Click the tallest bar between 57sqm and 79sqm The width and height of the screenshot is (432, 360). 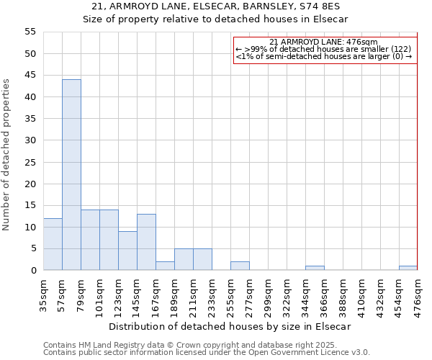click(x=71, y=175)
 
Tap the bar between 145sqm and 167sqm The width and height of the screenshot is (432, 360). click(x=146, y=242)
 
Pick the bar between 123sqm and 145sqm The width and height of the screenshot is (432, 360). click(x=127, y=251)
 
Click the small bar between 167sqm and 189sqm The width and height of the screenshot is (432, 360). click(x=165, y=266)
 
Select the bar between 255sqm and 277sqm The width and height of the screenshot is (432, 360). click(x=240, y=266)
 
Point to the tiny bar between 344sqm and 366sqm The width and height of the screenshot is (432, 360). click(x=315, y=268)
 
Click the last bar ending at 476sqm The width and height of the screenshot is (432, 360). click(x=408, y=268)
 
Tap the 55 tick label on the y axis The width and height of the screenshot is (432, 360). click(x=30, y=32)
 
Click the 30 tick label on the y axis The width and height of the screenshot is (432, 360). click(x=30, y=140)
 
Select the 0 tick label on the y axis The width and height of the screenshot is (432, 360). click(x=32, y=271)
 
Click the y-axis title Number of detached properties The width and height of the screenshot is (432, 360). click(x=6, y=155)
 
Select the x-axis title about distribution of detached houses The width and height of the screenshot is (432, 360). click(x=230, y=326)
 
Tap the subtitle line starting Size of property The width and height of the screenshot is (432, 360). click(x=215, y=19)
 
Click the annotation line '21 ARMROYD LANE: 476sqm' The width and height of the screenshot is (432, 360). click(x=323, y=42)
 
